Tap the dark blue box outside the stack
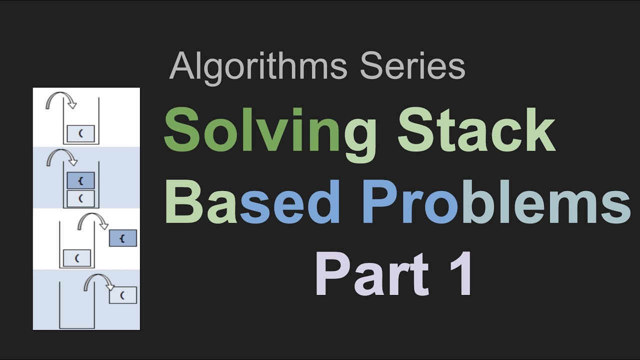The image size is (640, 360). pyautogui.click(x=122, y=239)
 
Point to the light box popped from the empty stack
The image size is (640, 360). pyautogui.click(x=122, y=295)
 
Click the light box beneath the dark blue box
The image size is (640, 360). pyautogui.click(x=80, y=198)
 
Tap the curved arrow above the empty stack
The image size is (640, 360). pyautogui.click(x=98, y=282)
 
